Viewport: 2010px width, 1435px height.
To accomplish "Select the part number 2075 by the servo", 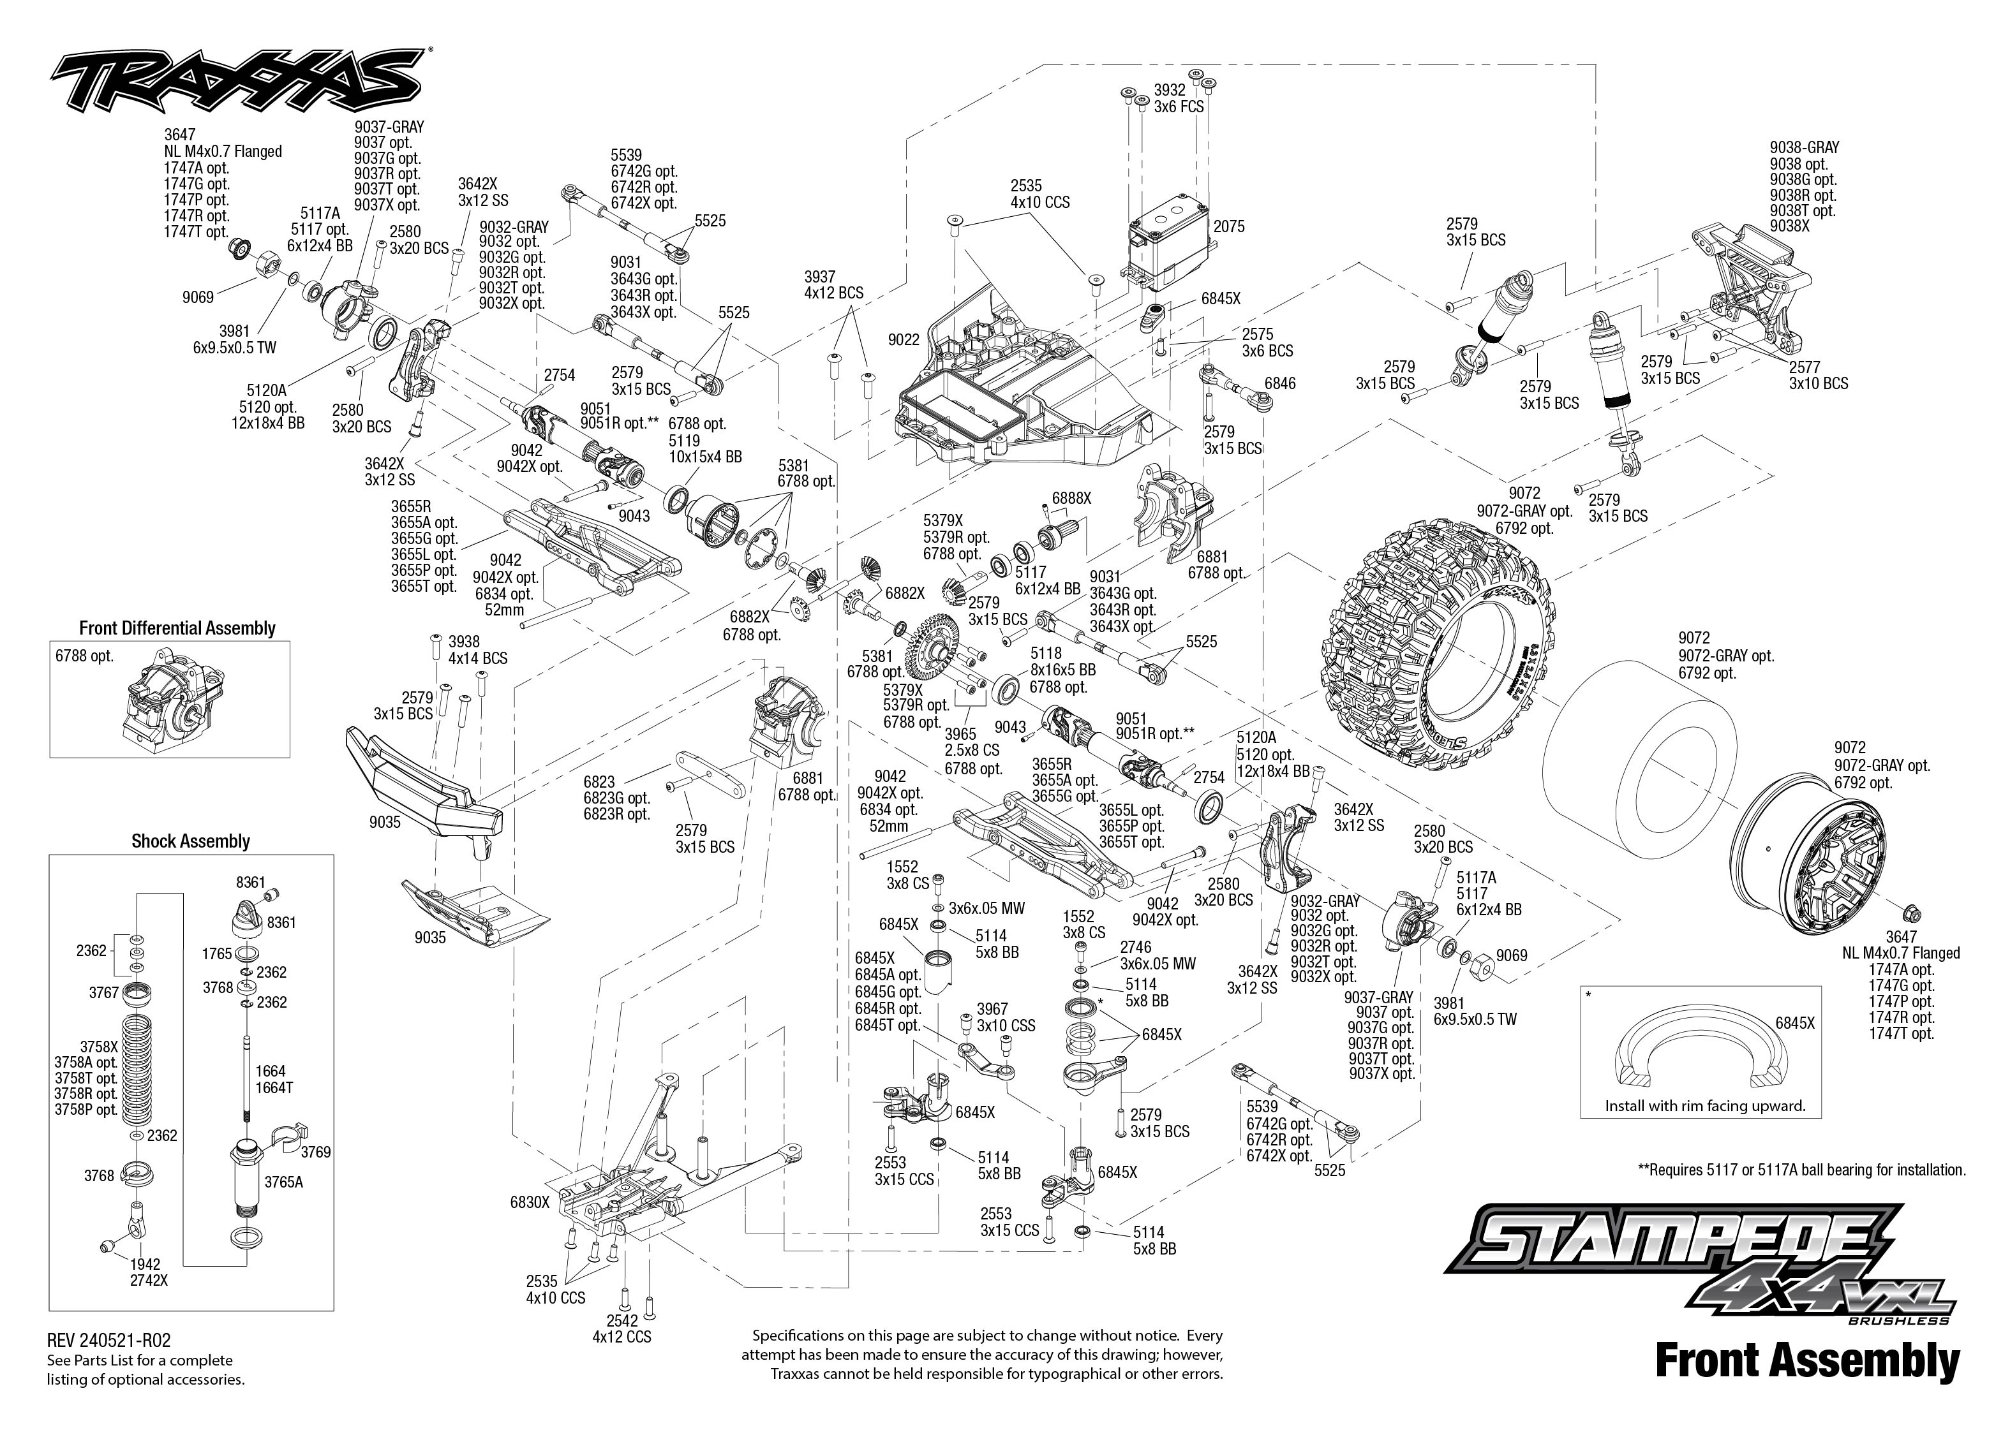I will click(1228, 226).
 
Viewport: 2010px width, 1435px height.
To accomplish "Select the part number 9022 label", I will click(904, 339).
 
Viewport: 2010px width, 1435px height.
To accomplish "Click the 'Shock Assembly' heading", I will click(191, 841).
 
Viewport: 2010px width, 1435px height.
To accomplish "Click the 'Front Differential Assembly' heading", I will click(177, 628).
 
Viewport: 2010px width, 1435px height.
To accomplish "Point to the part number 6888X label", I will click(1071, 498).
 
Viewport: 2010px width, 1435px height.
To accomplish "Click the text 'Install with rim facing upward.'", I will click(1705, 1105).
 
